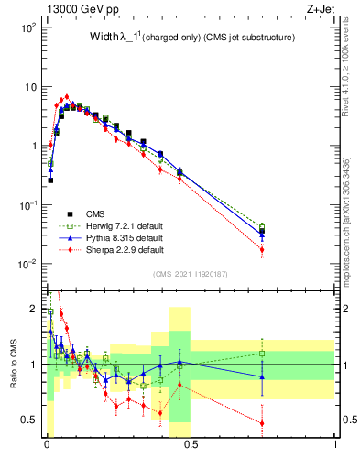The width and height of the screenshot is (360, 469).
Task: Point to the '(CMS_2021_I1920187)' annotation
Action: pyautogui.click(x=190, y=275)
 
